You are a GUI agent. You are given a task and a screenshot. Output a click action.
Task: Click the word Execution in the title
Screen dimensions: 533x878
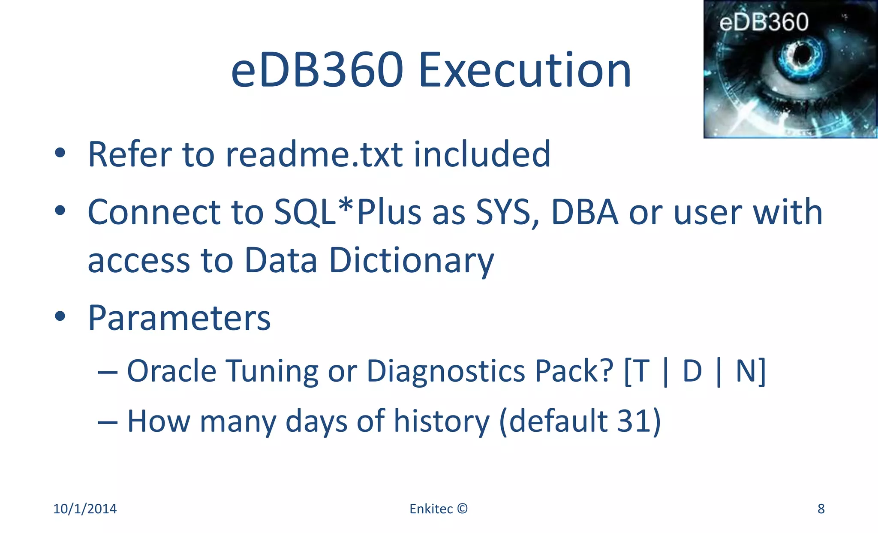(525, 70)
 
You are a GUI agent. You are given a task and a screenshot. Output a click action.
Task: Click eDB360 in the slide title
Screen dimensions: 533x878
(317, 70)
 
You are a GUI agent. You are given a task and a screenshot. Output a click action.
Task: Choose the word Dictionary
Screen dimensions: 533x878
(411, 260)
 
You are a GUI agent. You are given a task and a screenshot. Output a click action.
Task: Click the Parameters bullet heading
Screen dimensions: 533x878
(179, 318)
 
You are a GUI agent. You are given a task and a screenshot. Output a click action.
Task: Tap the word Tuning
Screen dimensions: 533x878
(272, 371)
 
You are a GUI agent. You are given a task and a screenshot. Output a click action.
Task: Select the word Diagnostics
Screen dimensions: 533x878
(446, 371)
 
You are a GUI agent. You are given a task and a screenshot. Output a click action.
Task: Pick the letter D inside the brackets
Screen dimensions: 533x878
(692, 371)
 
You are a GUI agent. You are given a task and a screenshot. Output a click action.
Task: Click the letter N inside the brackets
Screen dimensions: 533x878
(745, 371)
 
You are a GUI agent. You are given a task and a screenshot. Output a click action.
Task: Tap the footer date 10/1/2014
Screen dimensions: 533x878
(85, 509)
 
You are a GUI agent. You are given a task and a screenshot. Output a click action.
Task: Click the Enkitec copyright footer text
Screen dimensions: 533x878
(438, 509)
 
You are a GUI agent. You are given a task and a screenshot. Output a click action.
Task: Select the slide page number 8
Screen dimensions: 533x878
(821, 509)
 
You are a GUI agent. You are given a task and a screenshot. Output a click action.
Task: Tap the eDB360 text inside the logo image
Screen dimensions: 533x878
(764, 22)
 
